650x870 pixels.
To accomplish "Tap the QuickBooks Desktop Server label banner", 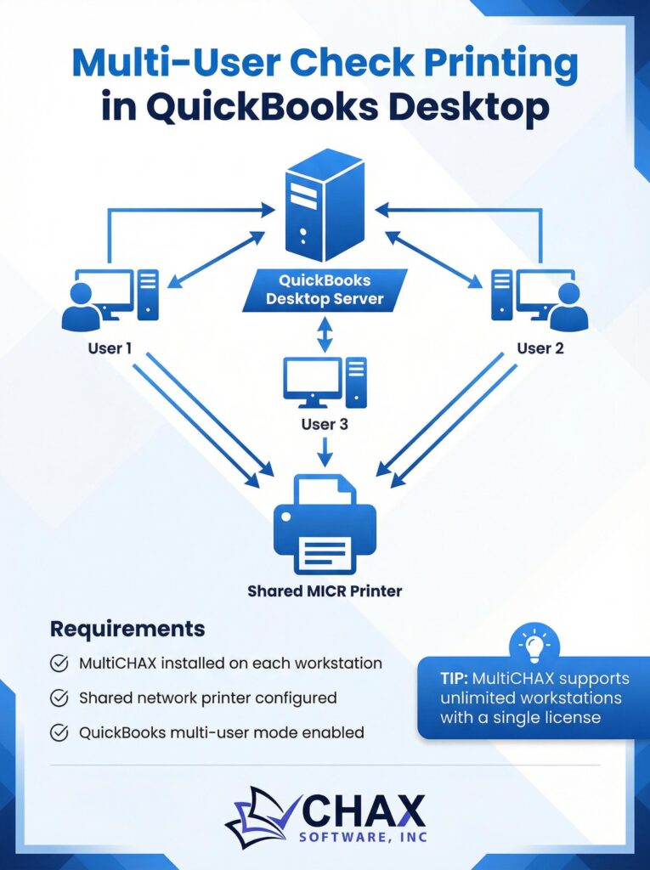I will tap(325, 290).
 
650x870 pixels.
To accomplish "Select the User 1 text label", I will tap(110, 348).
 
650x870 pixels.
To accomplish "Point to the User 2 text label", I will tap(540, 348).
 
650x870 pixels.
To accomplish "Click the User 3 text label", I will tap(325, 423).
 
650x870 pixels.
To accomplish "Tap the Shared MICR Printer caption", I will tap(325, 590).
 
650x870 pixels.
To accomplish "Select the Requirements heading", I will tap(127, 630).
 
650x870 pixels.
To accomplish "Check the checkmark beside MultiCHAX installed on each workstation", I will tap(59, 664).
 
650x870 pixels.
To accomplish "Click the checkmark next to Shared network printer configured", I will tap(59, 698).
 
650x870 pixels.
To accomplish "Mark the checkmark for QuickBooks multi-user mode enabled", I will tap(59, 732).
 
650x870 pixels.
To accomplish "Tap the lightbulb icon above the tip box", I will tap(535, 645).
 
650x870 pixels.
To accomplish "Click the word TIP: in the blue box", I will tap(456, 679).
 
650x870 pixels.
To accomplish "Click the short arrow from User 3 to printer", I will tap(325, 451).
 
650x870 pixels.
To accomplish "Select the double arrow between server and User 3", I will tap(325, 333).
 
